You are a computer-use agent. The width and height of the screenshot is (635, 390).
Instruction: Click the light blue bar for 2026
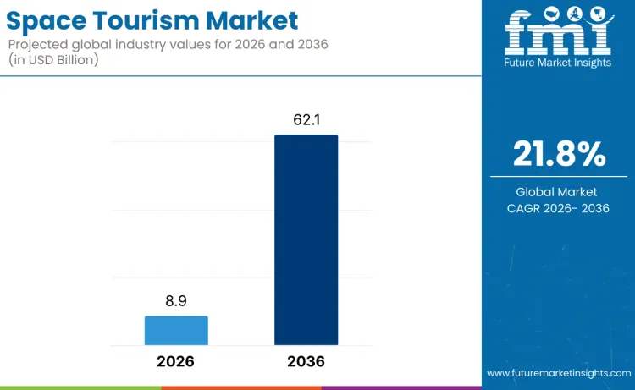tap(176, 330)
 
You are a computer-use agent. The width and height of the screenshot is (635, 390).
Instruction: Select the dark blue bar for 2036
tap(306, 239)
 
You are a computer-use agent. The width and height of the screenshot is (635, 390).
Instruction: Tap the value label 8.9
tap(176, 300)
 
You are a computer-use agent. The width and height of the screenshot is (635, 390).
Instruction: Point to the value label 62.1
tap(306, 119)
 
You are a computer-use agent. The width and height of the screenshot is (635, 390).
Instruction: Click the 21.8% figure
tap(559, 154)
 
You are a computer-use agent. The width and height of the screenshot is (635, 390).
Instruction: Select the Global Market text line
tap(559, 191)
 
